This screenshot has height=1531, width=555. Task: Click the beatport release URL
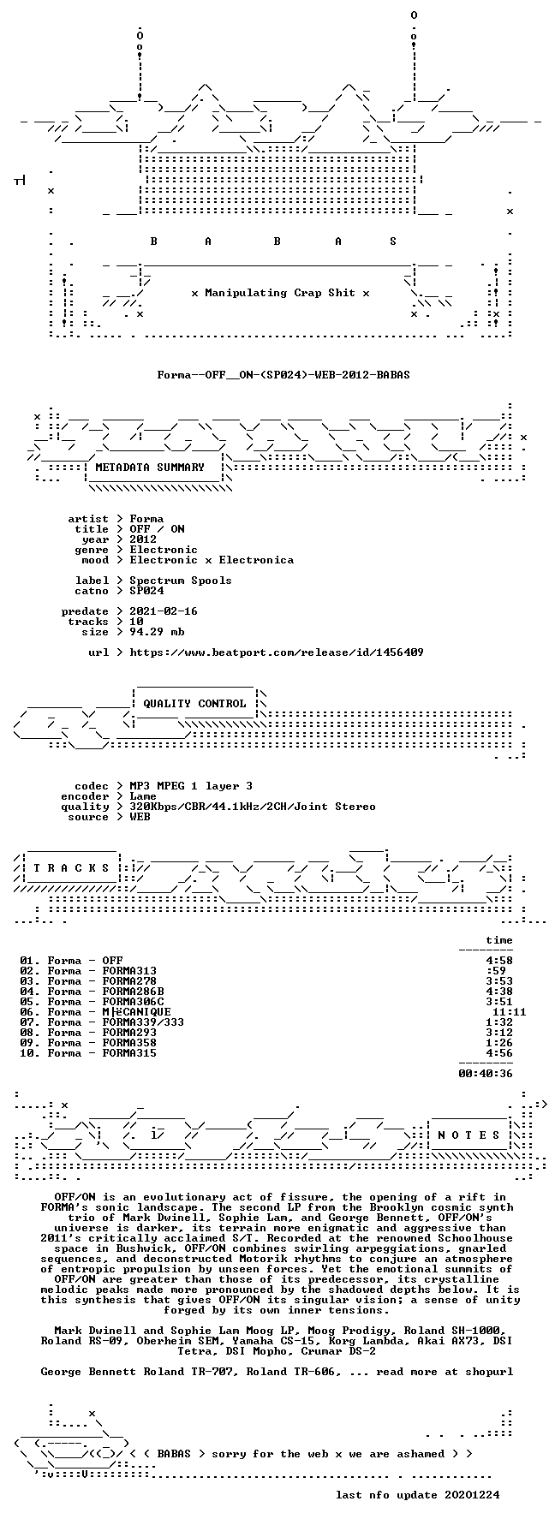[277, 652]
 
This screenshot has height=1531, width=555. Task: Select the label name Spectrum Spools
[181, 581]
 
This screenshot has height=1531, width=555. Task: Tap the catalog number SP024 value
[146, 591]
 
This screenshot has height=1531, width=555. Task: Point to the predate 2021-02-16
[164, 611]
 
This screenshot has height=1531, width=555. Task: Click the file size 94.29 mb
[157, 632]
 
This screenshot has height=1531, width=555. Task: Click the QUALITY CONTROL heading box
[194, 704]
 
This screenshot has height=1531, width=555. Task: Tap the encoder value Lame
[143, 796]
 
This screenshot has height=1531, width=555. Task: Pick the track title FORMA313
[129, 971]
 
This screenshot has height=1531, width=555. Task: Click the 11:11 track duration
[510, 1012]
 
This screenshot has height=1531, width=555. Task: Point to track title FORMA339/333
[143, 1022]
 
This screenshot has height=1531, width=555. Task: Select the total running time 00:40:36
[486, 1074]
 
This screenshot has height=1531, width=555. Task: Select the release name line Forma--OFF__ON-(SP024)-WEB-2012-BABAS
[272, 375]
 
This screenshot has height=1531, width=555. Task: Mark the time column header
[499, 940]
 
